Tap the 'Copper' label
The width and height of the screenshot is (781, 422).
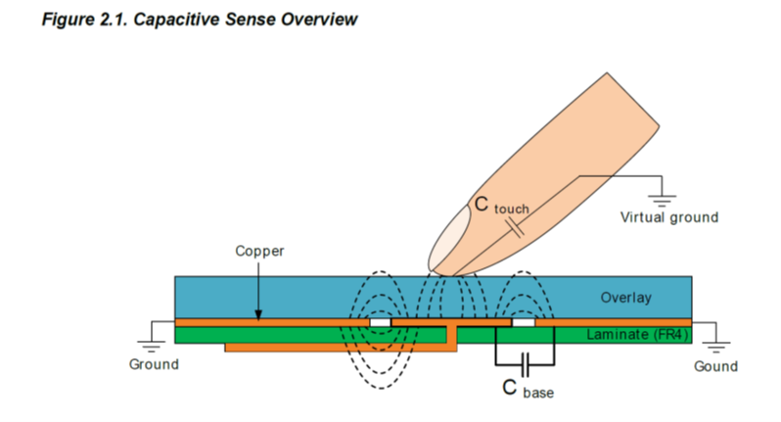coord(259,251)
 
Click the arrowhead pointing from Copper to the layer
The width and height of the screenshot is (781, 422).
coord(259,314)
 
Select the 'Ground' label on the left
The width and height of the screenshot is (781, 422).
coord(155,364)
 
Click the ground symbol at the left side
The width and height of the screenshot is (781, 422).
coord(155,343)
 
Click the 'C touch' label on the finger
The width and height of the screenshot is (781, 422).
coord(499,206)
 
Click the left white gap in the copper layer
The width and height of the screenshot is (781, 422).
coord(379,321)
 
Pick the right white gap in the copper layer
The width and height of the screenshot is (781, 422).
coord(525,321)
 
